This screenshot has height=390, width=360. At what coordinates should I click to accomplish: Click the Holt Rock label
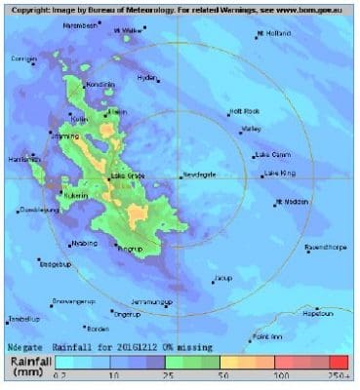tap(245, 111)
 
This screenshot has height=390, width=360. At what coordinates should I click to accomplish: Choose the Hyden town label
tap(147, 77)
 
